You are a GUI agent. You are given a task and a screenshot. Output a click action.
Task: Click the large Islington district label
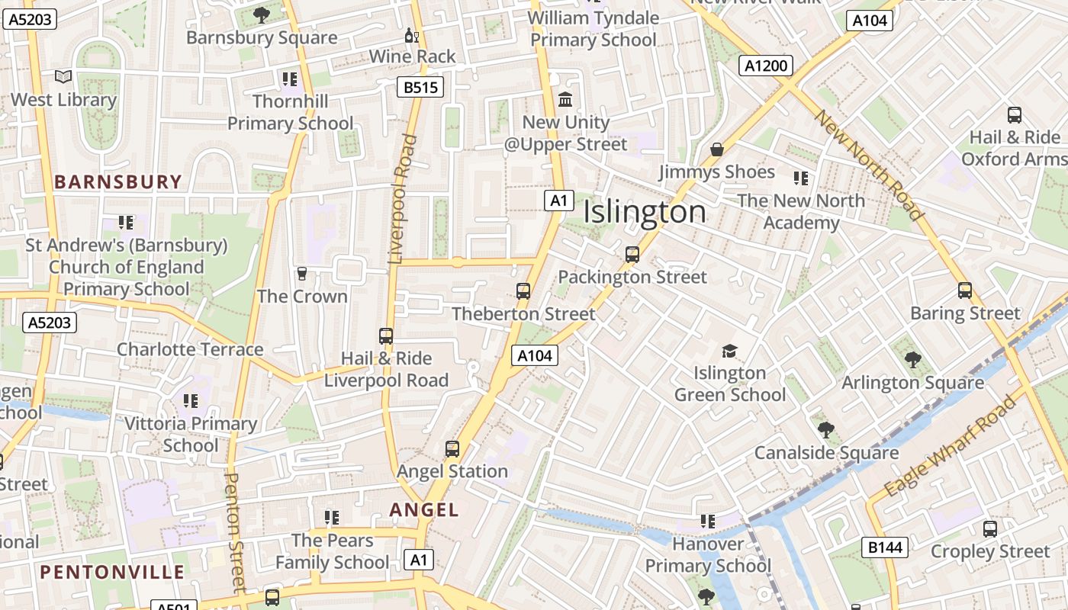(645, 212)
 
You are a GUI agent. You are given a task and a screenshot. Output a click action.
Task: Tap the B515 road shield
(420, 88)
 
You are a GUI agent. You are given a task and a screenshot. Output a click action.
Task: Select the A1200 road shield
(765, 66)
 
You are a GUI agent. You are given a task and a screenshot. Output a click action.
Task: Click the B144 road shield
(886, 547)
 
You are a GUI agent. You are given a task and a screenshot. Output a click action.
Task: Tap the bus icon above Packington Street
(632, 255)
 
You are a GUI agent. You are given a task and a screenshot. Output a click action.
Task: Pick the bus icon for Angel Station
(452, 449)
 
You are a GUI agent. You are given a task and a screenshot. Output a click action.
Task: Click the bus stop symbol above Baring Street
(965, 291)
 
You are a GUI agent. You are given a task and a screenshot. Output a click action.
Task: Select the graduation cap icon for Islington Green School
(730, 351)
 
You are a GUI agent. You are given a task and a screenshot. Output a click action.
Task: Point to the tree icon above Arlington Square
(912, 360)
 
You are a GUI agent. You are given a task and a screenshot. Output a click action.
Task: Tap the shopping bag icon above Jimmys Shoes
(716, 149)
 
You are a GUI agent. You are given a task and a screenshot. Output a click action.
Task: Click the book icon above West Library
(63, 77)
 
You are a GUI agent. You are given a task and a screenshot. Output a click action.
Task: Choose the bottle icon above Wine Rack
(412, 35)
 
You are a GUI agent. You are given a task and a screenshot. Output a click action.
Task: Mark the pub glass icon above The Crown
(302, 274)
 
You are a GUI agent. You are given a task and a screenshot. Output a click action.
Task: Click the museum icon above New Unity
(565, 100)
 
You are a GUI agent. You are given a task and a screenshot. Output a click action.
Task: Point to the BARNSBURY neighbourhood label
(118, 181)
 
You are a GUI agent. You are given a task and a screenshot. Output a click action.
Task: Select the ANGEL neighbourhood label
(424, 510)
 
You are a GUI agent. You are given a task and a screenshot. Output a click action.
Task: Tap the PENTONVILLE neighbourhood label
(112, 572)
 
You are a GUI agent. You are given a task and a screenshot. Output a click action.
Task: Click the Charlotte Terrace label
(190, 349)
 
